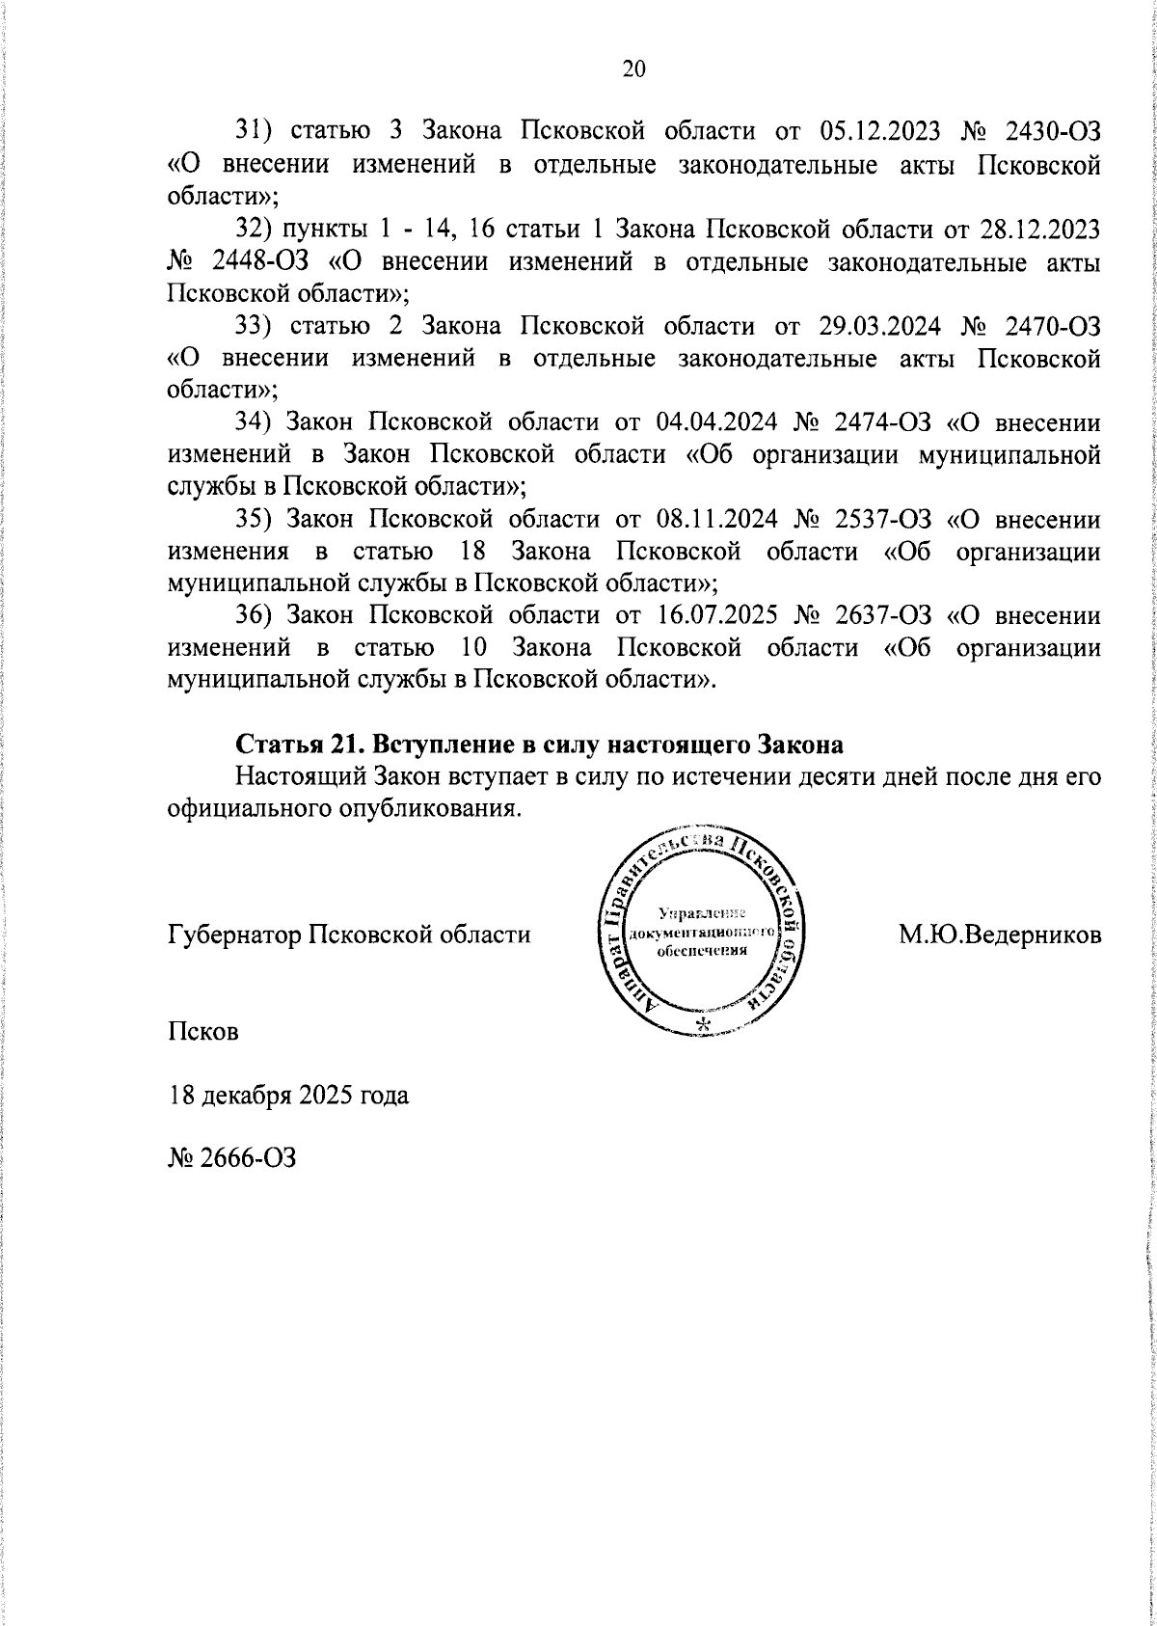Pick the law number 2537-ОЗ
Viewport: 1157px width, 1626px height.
tap(884, 520)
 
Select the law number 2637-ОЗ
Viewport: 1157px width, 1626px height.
tap(884, 616)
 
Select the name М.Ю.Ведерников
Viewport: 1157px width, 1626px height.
tap(1000, 934)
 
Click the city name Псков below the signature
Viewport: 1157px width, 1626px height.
tap(203, 1031)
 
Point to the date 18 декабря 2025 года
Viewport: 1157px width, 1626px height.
tap(288, 1096)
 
